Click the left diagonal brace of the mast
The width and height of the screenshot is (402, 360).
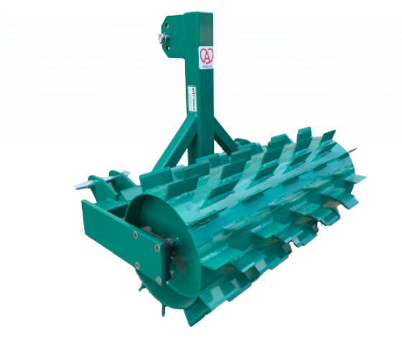[172, 147]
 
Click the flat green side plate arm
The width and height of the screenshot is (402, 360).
[108, 222]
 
